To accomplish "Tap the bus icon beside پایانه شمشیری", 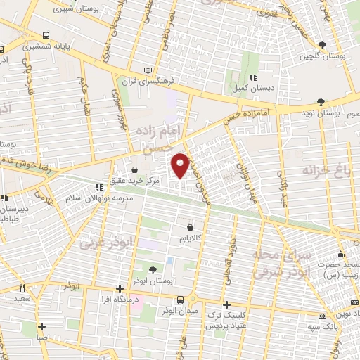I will [x=46, y=35].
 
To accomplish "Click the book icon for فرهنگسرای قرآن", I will [x=147, y=70].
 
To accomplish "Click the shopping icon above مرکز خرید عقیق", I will [x=134, y=169].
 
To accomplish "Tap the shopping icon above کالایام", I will [x=191, y=227].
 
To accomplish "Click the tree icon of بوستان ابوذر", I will [x=154, y=269].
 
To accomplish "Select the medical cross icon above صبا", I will [x=42, y=326].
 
